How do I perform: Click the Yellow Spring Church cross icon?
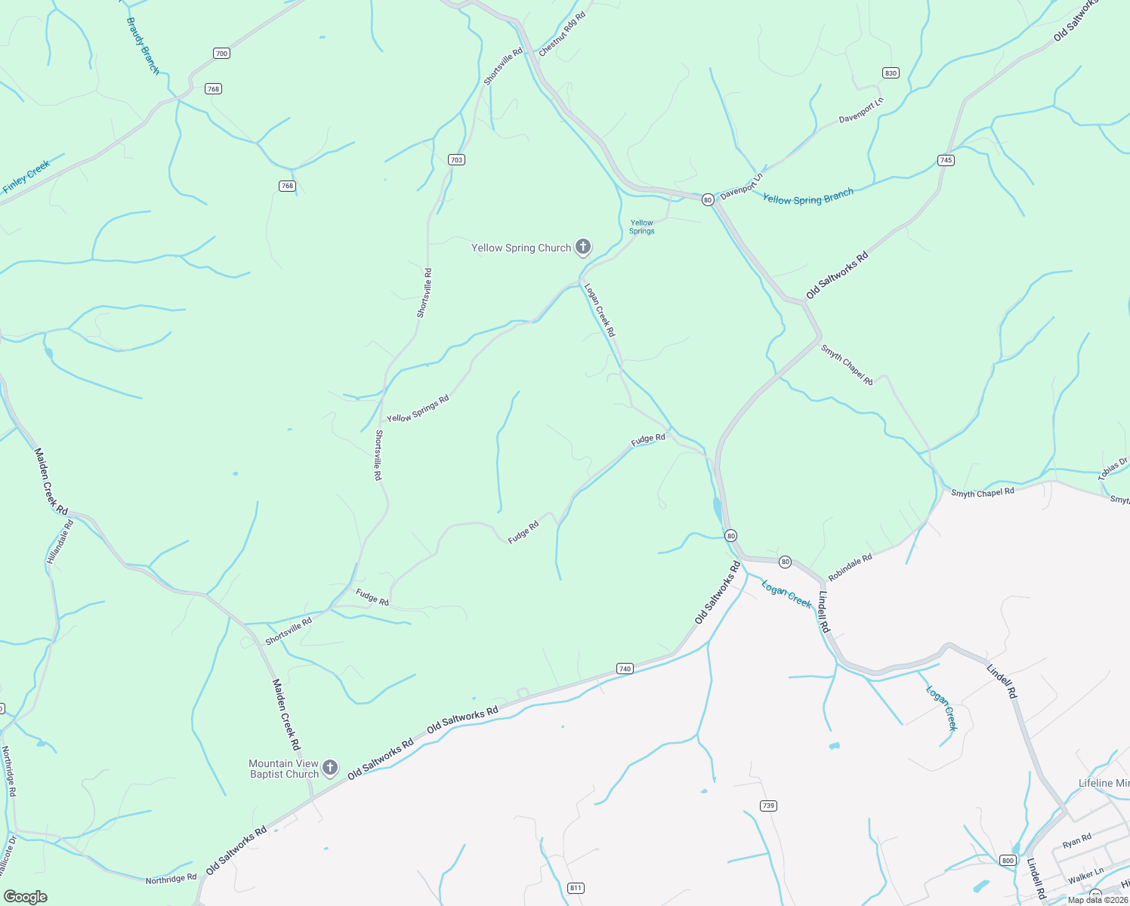583,247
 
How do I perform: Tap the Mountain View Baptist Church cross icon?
330,769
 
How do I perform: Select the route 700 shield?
221,54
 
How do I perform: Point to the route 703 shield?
456,160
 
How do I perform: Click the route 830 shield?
891,73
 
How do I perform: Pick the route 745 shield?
946,160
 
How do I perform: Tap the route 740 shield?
625,669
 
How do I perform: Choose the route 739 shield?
768,806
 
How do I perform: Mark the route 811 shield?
576,888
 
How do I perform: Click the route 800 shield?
1008,861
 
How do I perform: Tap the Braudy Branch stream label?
143,46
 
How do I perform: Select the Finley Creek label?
26,177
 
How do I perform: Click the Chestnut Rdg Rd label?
563,34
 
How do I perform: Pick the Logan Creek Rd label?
600,310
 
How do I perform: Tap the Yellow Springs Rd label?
418,408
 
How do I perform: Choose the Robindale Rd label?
850,567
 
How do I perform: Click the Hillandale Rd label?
60,541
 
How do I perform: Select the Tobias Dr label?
1113,468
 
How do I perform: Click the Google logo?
25,897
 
